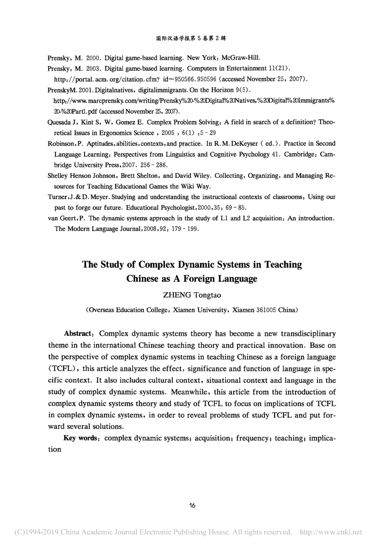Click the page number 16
tap(192, 505)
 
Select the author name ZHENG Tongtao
tap(192, 295)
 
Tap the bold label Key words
tap(80, 438)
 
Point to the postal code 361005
tap(266, 310)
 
